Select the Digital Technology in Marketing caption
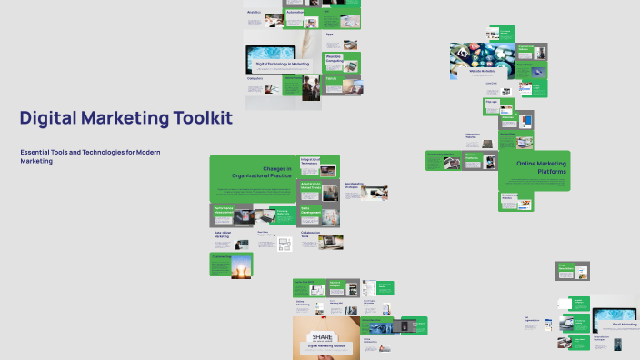(x=282, y=65)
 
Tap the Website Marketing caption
(x=482, y=70)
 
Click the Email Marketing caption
(x=626, y=325)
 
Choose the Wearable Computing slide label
(x=335, y=58)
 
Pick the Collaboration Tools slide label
(x=311, y=234)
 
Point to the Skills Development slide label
(x=312, y=210)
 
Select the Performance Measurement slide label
(x=225, y=209)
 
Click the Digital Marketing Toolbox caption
(x=325, y=346)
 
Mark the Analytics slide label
(x=255, y=12)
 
